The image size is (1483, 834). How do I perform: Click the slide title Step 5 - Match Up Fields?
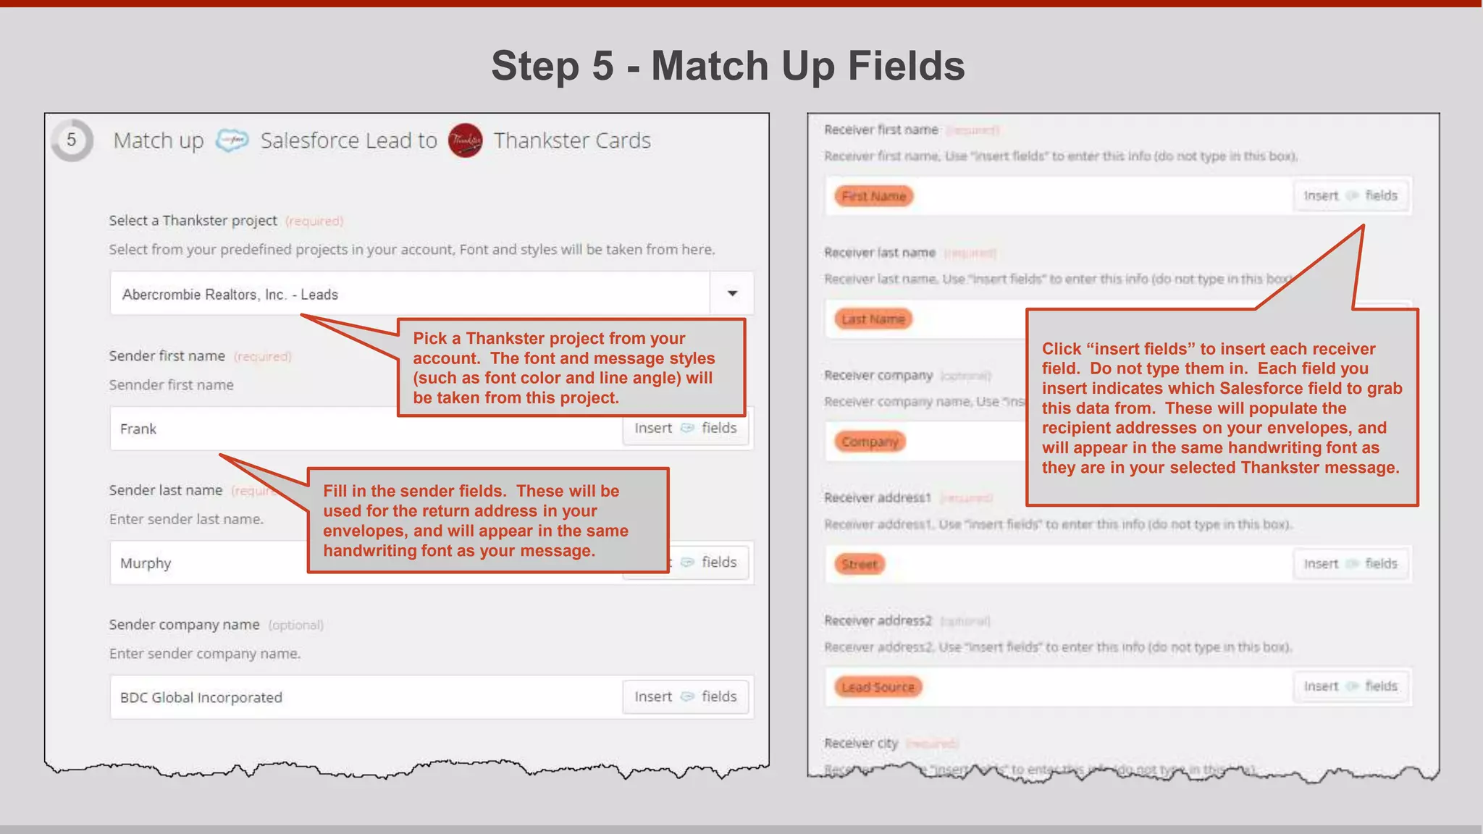coord(728,66)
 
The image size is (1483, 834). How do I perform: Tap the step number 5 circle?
coord(72,140)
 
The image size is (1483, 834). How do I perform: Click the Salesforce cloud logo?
coord(232,140)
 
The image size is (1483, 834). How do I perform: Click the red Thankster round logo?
coord(465,140)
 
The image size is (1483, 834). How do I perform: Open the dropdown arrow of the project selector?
coord(732,293)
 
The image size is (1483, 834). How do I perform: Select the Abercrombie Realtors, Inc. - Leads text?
coord(230,295)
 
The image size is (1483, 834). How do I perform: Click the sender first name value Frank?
coord(138,429)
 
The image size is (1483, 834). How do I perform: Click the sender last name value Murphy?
coord(146,563)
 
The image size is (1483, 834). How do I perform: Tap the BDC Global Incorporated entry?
coord(201,697)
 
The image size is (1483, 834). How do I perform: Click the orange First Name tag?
coord(873,196)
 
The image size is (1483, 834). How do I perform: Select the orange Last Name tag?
coord(873,319)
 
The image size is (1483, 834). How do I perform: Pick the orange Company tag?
coord(870,442)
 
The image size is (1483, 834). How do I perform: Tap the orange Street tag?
coord(859,564)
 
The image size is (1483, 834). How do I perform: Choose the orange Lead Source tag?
coord(878,687)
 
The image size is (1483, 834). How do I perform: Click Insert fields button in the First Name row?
coord(1350,195)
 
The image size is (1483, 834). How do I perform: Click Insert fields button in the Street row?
coord(1350,564)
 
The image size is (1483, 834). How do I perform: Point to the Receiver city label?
coord(860,744)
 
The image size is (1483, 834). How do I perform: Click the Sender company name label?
coord(184,624)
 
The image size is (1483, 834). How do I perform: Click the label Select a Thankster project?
coord(193,220)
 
